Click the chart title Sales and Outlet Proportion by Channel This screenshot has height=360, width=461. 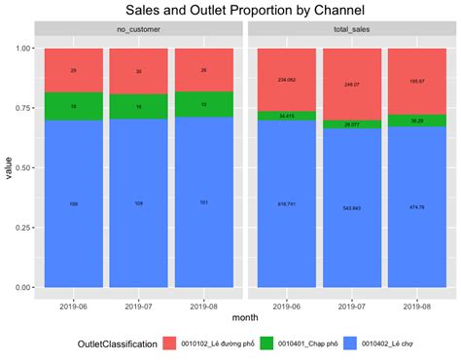230,11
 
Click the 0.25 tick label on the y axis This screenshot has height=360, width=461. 21,228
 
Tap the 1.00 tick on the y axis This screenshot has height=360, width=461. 21,49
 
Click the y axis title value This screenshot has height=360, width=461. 9,167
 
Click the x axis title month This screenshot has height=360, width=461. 244,317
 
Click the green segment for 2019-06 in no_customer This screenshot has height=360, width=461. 74,106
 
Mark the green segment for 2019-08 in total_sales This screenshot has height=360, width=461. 415,121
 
